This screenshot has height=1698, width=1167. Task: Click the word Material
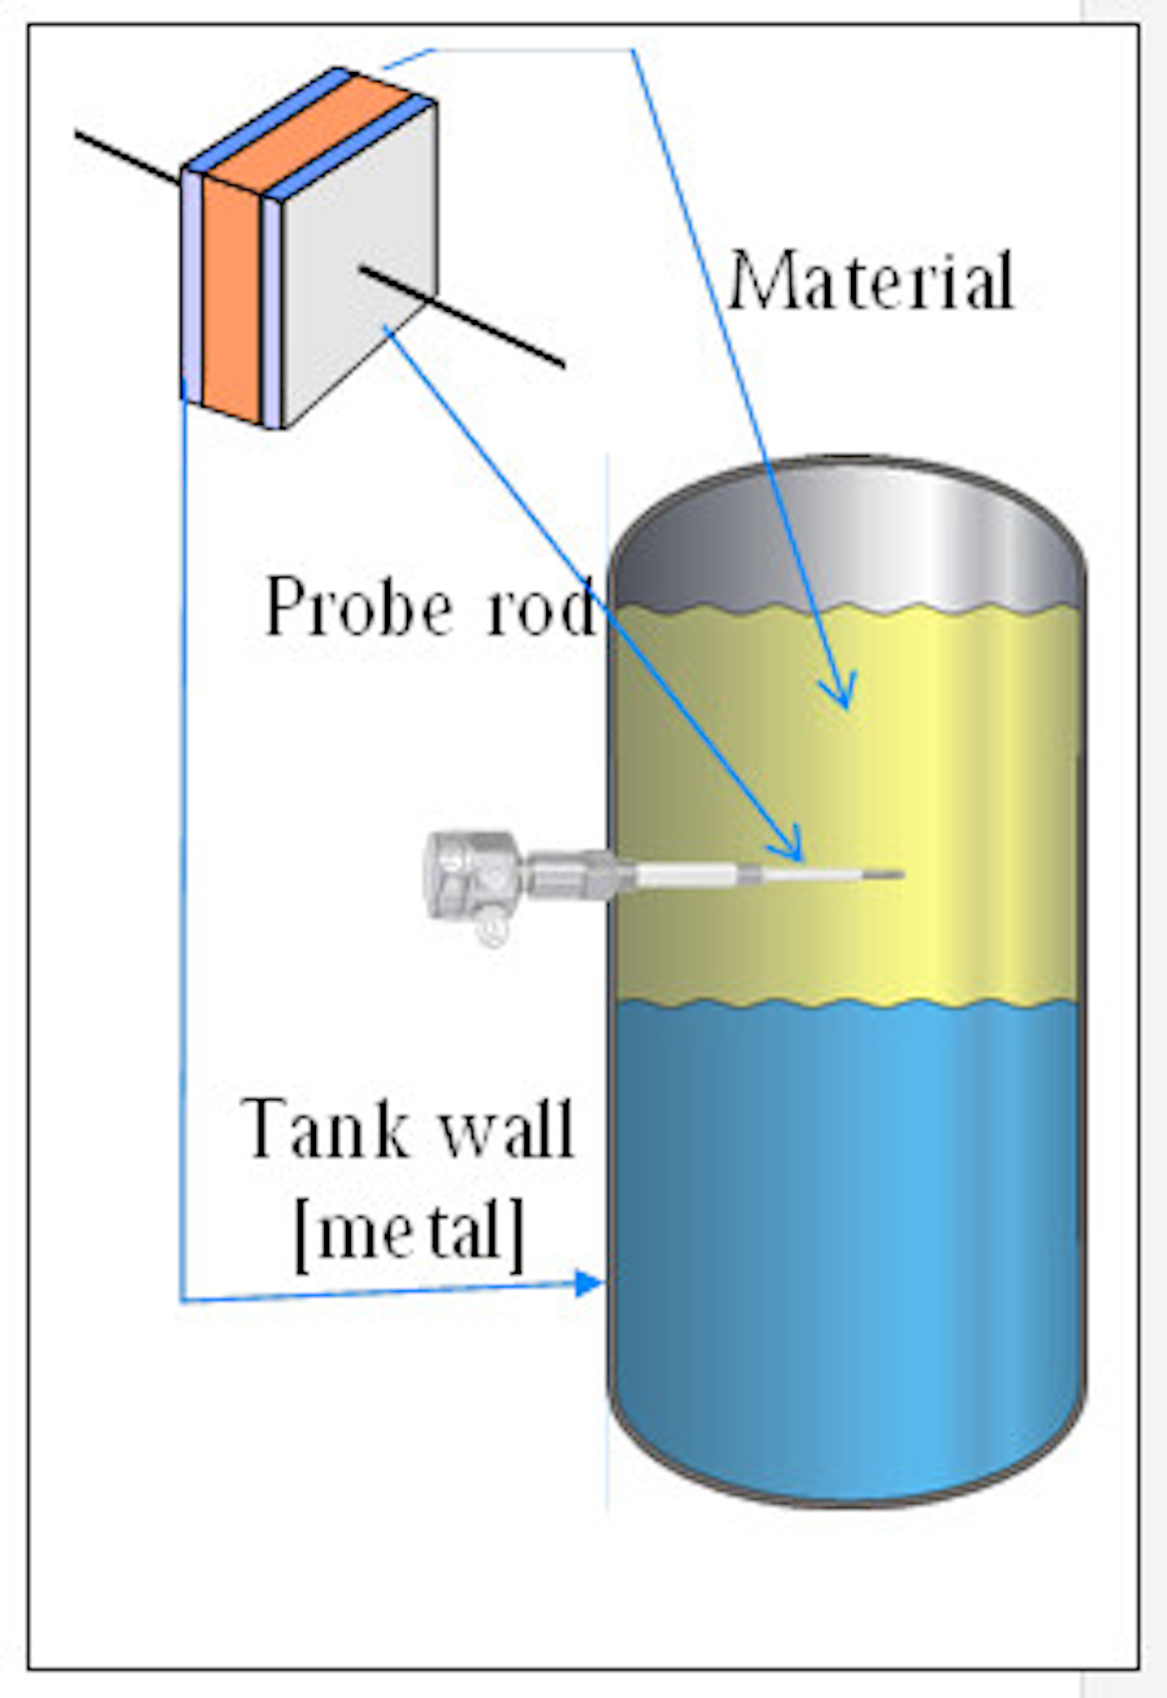point(871,281)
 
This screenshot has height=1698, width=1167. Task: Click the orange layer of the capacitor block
point(231,300)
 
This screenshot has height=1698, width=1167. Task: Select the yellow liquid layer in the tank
point(932,810)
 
